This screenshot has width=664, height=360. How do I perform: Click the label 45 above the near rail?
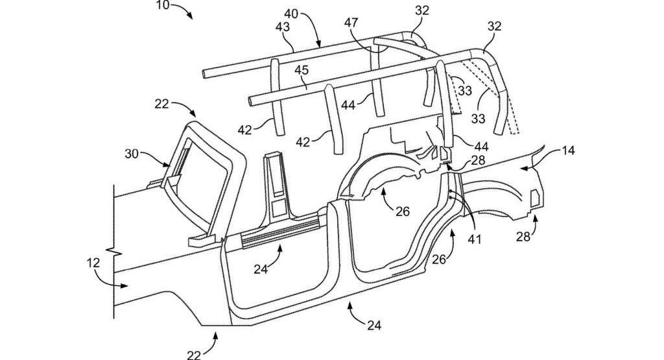(x=302, y=69)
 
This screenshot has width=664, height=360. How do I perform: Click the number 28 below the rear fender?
(x=523, y=237)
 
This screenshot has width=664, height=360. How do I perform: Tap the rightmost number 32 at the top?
(x=495, y=26)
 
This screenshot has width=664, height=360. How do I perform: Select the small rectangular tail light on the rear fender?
(x=536, y=198)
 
